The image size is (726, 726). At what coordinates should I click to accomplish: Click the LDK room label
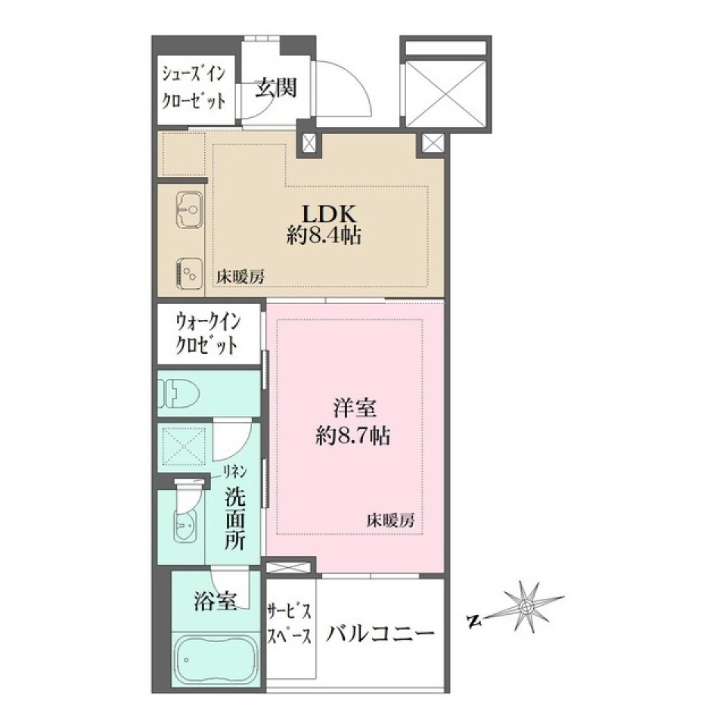(x=329, y=214)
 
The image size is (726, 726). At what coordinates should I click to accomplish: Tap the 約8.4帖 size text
(x=324, y=236)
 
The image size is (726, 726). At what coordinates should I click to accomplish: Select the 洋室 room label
(x=354, y=408)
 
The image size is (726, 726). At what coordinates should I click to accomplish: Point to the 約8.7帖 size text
(x=353, y=436)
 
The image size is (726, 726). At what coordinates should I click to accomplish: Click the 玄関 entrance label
(x=276, y=87)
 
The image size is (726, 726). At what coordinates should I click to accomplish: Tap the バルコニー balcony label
(x=380, y=633)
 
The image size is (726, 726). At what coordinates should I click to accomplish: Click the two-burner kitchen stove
(x=189, y=272)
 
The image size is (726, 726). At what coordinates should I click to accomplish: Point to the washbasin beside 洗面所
(x=186, y=525)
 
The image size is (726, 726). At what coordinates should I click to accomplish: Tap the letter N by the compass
(x=473, y=621)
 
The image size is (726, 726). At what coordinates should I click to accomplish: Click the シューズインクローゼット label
(x=194, y=88)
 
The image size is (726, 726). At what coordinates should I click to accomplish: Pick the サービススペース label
(x=289, y=623)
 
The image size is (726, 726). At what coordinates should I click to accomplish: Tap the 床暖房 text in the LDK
(x=240, y=277)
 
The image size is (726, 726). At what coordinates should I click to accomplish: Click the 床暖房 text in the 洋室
(x=391, y=520)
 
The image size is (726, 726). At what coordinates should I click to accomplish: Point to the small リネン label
(x=235, y=472)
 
